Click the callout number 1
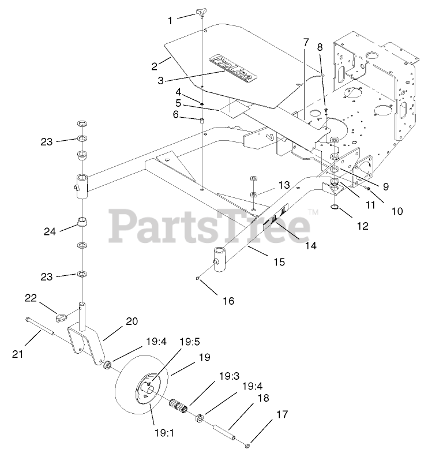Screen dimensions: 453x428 (170, 20)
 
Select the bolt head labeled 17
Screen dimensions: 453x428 (247, 444)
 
